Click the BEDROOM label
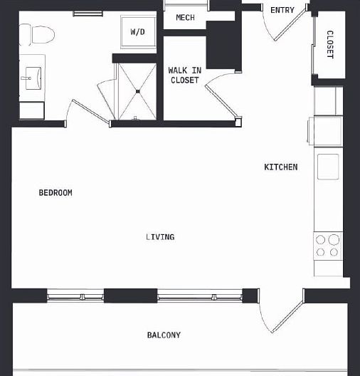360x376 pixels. click(55, 193)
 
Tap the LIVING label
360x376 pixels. click(160, 237)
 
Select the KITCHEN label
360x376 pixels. click(281, 167)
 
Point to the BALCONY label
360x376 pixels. click(164, 335)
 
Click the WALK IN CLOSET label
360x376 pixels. click(184, 75)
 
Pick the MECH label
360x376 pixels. click(185, 18)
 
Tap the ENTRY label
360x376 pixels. click(282, 10)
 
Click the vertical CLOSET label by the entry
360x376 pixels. click(329, 44)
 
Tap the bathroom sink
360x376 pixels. click(33, 79)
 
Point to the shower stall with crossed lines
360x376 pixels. click(137, 90)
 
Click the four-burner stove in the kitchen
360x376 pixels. click(328, 246)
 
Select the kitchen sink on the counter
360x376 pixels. click(328, 167)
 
